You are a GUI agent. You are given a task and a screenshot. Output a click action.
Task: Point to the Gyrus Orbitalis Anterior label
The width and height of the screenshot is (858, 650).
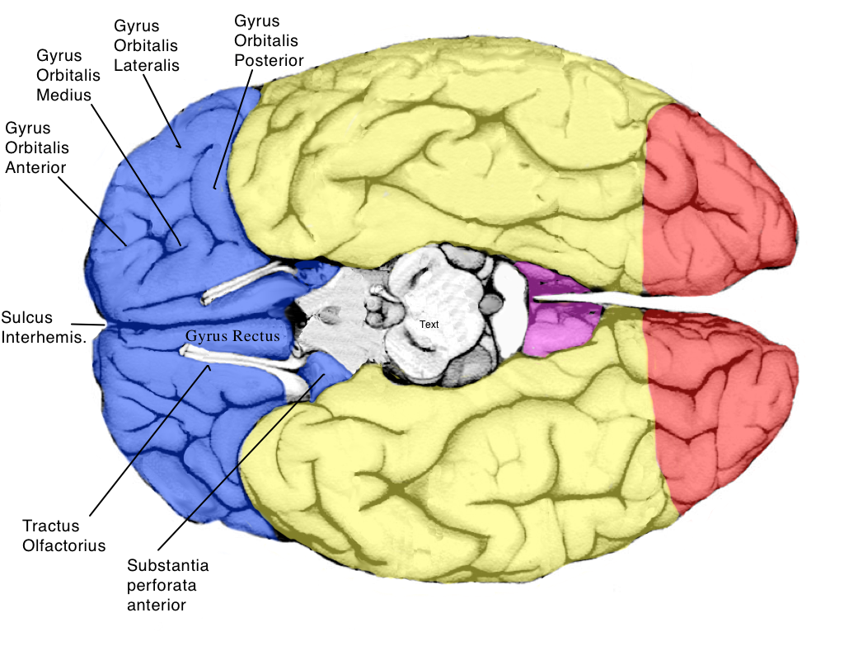tap(37, 147)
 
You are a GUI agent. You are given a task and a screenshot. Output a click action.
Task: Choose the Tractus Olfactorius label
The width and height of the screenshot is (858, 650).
tap(64, 535)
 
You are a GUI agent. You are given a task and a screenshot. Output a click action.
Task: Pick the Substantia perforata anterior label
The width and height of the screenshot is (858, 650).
tap(168, 585)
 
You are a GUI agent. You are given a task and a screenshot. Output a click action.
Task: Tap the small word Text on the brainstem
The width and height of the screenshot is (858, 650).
tap(429, 325)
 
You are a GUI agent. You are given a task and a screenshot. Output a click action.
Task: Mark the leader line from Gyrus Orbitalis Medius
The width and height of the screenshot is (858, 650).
tap(136, 169)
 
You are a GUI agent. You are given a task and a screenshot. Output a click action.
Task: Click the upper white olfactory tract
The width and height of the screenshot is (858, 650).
tap(247, 283)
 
